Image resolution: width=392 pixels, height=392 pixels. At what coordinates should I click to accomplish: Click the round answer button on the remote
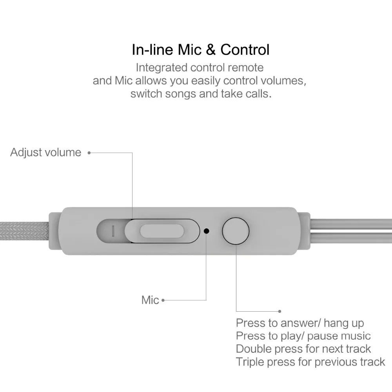point(236,231)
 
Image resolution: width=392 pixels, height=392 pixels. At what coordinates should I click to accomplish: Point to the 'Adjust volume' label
point(45,152)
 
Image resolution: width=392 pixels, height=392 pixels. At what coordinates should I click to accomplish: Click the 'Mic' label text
point(150,300)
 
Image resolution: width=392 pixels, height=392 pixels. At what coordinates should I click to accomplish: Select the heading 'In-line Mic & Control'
point(200,50)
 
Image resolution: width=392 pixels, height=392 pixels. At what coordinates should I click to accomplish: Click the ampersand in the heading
point(212,50)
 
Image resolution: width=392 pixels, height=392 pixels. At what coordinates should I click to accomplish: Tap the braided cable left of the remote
point(24,231)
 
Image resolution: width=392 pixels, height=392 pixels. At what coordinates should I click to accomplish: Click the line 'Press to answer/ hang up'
point(300,323)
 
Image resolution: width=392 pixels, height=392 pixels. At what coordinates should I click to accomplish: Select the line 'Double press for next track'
point(303,348)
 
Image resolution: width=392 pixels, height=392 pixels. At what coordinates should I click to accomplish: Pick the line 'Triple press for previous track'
point(310,361)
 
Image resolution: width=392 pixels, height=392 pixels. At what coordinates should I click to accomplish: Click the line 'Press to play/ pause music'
point(303,336)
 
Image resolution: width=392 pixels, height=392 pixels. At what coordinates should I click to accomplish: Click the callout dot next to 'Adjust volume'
point(89,152)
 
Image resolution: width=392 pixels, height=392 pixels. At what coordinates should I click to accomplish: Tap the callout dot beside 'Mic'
point(163,301)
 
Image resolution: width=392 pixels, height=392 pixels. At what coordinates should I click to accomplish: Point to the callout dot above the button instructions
point(279,312)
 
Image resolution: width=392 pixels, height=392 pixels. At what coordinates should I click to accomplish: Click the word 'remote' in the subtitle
point(246,67)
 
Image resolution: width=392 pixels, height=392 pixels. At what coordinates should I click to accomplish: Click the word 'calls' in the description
point(258,94)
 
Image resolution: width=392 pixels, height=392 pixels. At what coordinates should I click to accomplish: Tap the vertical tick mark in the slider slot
point(113,231)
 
